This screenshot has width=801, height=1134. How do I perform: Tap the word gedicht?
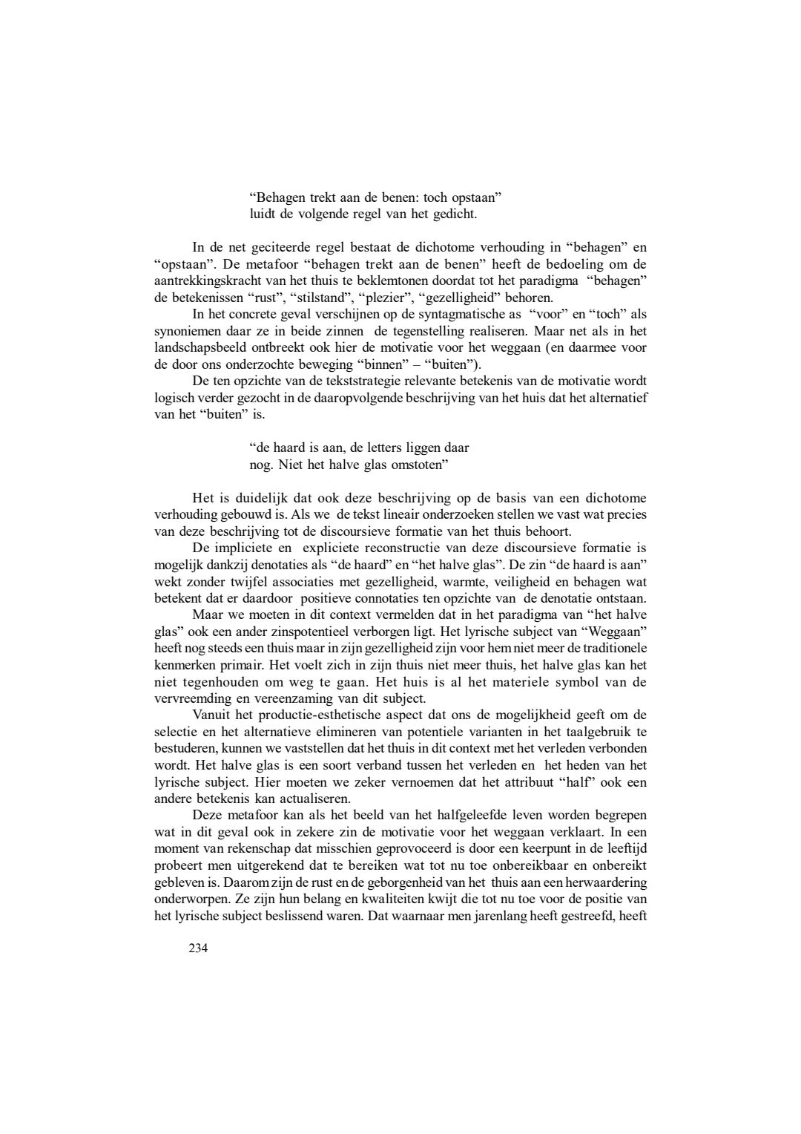[x=454, y=214]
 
